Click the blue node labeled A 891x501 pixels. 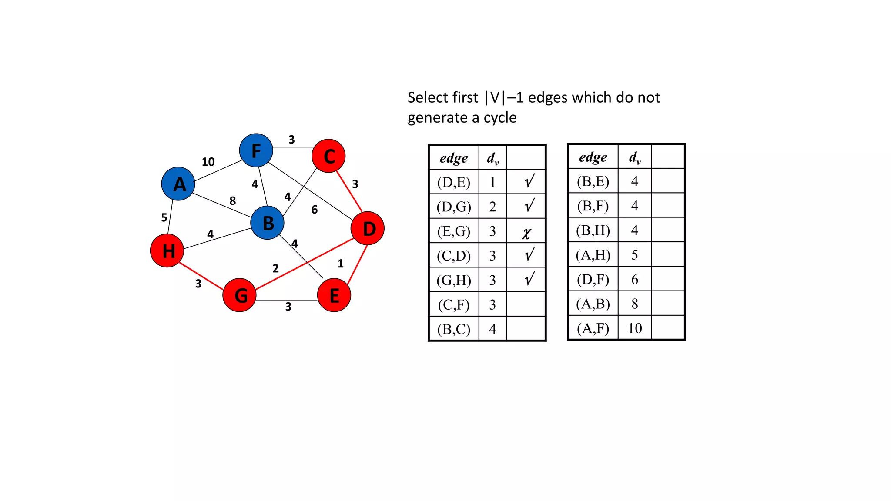(178, 184)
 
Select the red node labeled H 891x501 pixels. (167, 250)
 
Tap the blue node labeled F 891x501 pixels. (256, 150)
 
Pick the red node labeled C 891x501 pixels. (328, 156)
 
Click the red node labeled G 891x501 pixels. (239, 295)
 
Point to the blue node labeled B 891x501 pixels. (267, 223)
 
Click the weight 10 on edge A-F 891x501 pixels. (208, 162)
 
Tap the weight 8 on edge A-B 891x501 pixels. (233, 200)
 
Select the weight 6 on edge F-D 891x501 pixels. (315, 210)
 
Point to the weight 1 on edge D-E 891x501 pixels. (341, 264)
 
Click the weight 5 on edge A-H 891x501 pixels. (164, 217)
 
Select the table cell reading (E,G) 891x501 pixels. (454, 231)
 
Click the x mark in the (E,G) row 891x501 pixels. (526, 233)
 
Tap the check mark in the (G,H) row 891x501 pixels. (529, 279)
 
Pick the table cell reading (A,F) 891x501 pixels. (593, 328)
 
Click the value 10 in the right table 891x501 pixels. (635, 328)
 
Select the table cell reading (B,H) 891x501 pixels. (593, 230)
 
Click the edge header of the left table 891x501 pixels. (454, 158)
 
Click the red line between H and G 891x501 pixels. (201, 276)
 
